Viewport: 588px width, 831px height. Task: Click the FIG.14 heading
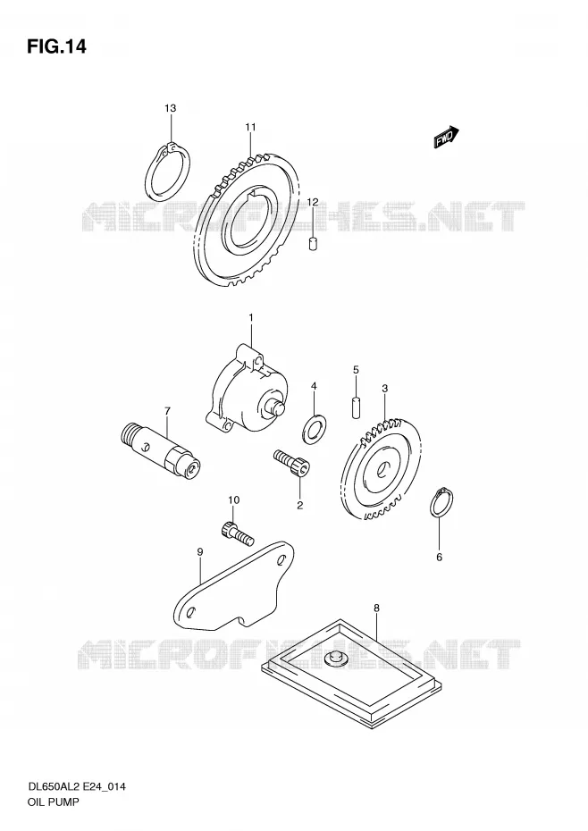click(56, 47)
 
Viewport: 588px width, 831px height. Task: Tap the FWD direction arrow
click(445, 138)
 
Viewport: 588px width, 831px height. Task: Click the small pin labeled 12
click(313, 244)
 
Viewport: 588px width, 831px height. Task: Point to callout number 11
click(250, 127)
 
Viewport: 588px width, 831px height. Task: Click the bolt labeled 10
click(237, 533)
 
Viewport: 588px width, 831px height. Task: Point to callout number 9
click(200, 551)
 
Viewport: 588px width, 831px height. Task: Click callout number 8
click(376, 608)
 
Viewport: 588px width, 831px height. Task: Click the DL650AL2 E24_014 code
click(76, 787)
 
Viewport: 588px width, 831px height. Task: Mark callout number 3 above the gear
click(384, 389)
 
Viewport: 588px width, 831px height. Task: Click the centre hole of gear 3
click(385, 468)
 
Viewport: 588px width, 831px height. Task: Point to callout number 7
click(167, 411)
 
